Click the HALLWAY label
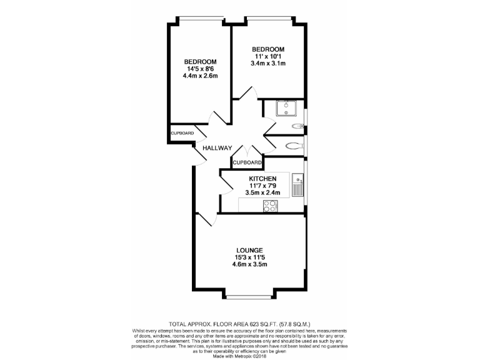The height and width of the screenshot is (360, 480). (x=217, y=148)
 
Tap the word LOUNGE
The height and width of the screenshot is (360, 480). (x=249, y=250)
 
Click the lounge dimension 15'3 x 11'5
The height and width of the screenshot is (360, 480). (x=249, y=257)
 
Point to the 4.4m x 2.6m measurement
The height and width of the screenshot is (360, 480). (x=200, y=76)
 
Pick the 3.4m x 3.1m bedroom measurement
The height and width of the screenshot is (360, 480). (x=268, y=64)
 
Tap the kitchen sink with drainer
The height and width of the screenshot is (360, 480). (x=297, y=186)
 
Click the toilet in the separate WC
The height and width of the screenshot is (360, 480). (x=294, y=146)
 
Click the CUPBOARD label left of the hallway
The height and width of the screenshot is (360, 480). (x=182, y=133)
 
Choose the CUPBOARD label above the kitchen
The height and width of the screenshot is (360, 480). (x=247, y=162)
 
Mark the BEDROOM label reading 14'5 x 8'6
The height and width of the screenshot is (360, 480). (x=200, y=61)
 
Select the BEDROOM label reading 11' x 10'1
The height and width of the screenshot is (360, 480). (x=268, y=49)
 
